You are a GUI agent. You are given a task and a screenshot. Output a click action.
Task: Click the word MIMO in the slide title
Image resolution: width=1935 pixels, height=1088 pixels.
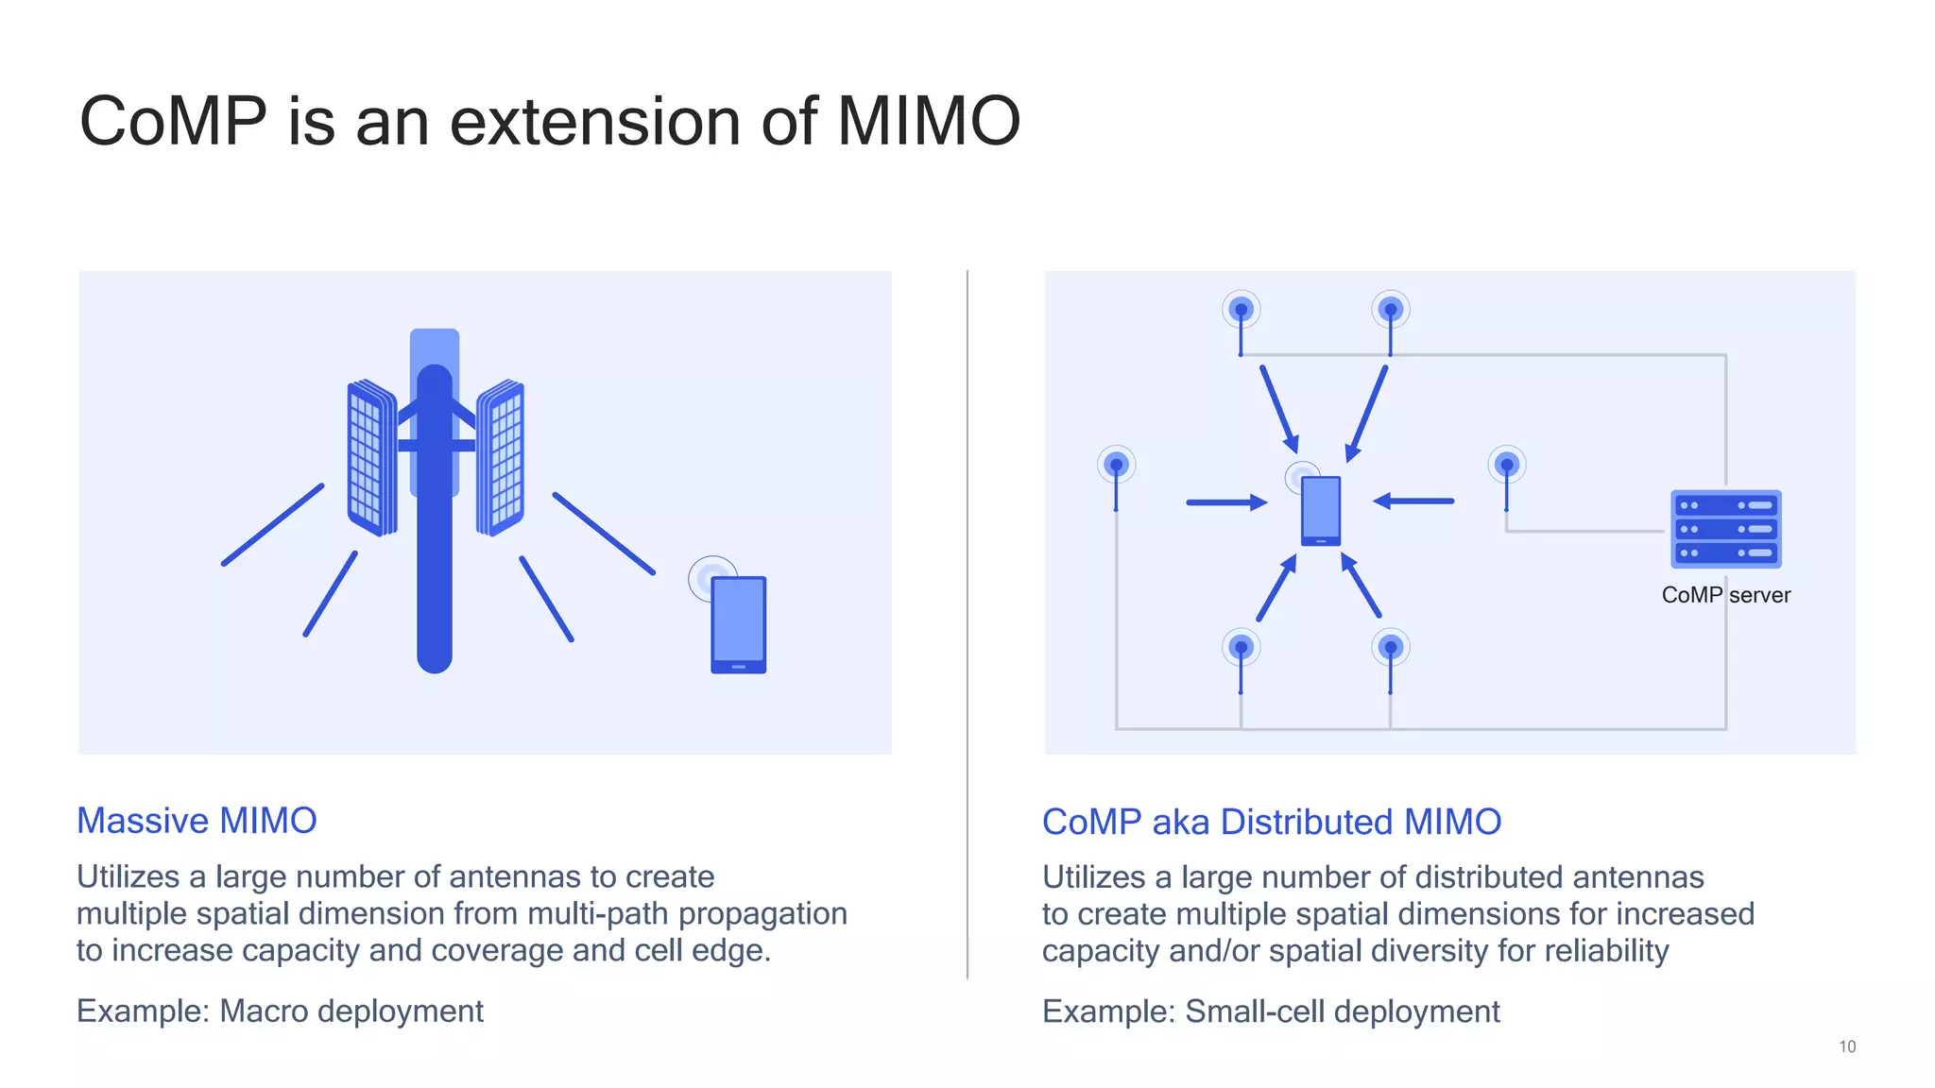click(928, 121)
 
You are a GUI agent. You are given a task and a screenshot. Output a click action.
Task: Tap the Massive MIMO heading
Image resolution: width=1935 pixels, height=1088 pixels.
click(197, 820)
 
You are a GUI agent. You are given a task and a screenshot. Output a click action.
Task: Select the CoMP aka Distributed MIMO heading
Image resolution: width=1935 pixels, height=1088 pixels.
click(1271, 821)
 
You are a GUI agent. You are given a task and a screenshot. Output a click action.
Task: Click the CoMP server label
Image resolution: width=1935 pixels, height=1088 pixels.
click(1725, 595)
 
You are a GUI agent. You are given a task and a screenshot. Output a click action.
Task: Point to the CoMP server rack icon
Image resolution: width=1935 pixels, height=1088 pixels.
click(1725, 528)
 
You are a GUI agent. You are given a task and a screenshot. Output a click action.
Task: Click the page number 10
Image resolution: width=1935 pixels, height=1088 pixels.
click(1846, 1046)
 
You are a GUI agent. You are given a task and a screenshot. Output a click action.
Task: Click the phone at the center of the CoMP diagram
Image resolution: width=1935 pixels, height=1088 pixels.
click(1320, 510)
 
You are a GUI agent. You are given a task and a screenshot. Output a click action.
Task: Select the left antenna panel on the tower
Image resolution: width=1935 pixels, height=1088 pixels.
click(370, 458)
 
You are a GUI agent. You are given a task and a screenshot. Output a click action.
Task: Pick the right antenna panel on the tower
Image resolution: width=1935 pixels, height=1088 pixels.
click(501, 458)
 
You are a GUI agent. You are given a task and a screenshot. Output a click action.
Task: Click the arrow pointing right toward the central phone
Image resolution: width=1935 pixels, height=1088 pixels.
click(1225, 502)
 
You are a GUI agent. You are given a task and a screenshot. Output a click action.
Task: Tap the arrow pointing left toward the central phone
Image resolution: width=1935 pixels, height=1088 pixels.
click(1413, 501)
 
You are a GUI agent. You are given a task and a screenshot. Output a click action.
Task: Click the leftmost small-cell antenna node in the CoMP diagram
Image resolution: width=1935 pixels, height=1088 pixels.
click(1116, 466)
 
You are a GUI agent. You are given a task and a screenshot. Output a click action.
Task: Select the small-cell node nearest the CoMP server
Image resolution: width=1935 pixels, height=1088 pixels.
click(1506, 466)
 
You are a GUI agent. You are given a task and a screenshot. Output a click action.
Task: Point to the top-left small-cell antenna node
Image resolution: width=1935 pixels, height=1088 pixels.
click(1241, 311)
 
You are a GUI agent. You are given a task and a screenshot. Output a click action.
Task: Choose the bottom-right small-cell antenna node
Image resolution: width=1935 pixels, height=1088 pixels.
click(1390, 649)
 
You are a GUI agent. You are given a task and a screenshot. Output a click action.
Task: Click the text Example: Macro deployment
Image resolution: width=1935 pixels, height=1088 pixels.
click(280, 1011)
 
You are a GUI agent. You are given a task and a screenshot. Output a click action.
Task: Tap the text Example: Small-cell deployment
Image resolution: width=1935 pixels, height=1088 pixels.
click(1270, 1011)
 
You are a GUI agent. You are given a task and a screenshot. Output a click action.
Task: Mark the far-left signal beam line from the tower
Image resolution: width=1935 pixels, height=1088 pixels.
click(273, 525)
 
